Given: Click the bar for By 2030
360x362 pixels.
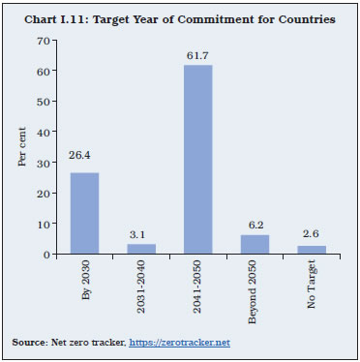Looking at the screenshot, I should tap(83, 213).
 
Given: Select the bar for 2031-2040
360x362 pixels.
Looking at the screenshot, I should tap(141, 249).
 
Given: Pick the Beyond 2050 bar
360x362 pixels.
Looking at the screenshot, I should tap(255, 244).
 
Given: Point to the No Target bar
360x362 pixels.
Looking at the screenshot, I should tap(313, 250).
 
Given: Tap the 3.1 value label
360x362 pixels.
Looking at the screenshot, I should tap(141, 235).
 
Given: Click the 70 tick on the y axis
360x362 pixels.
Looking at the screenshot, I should tap(42, 40).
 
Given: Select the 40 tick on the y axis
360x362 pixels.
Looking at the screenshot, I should tap(42, 132).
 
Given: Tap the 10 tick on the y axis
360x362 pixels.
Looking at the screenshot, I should tap(42, 224).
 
